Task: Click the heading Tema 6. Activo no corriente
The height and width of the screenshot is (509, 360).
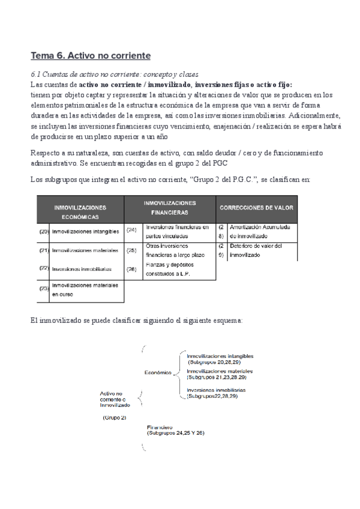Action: [91, 56]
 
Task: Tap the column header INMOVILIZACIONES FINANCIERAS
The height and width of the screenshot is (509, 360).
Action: [169, 208]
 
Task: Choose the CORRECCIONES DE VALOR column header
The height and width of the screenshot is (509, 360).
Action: [256, 208]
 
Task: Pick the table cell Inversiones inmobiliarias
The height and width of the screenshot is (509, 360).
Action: [81, 269]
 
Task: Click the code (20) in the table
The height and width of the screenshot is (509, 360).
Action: [44, 231]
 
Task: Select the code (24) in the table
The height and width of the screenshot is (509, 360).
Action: [133, 229]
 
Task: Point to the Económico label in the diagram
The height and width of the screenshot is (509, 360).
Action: [158, 372]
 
